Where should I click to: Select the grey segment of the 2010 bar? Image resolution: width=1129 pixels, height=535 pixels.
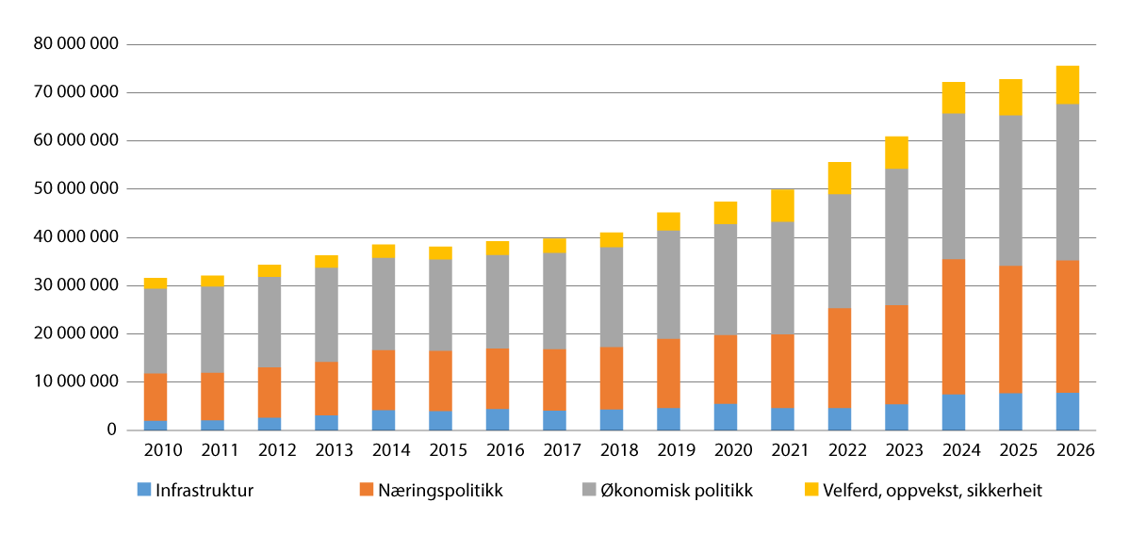click(155, 331)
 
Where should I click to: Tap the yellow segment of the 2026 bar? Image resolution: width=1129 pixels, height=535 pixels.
click(1067, 85)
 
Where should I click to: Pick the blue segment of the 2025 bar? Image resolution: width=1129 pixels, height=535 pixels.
click(1010, 412)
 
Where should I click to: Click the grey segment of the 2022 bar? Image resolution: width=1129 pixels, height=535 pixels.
click(840, 251)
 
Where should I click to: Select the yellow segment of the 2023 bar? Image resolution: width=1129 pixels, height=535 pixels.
click(896, 153)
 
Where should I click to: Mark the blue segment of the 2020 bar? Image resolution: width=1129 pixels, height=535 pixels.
click(726, 417)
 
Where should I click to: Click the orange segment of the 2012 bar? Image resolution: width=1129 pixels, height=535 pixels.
click(270, 392)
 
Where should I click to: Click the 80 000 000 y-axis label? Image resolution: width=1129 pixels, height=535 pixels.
click(75, 44)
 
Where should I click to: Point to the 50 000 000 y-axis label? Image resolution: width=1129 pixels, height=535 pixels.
click(75, 189)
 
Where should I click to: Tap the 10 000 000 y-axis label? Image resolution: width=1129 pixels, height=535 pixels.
click(75, 382)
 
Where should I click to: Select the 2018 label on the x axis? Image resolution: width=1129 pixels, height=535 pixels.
click(612, 450)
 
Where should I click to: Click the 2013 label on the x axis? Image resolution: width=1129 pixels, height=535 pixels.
click(327, 450)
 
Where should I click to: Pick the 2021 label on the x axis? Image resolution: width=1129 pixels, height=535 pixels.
click(782, 450)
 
